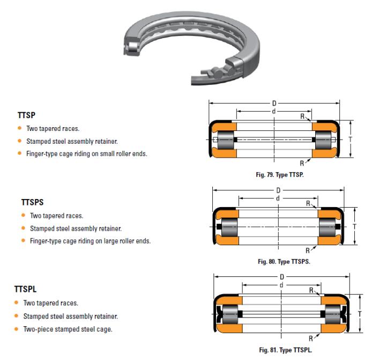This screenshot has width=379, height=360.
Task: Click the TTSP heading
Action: click(26, 115)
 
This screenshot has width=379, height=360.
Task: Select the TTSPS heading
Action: click(32, 203)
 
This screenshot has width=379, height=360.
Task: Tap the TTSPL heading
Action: click(29, 290)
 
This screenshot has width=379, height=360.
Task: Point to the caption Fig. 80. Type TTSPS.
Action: click(284, 262)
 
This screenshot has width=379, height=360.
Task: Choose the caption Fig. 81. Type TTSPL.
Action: click(285, 350)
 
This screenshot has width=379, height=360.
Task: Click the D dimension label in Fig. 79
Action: click(274, 103)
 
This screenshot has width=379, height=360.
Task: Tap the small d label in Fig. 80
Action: click(277, 199)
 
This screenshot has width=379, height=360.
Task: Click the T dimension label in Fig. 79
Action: click(351, 139)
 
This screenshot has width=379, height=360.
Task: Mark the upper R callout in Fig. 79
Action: click(303, 116)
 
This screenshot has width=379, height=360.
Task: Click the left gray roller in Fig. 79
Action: click(224, 140)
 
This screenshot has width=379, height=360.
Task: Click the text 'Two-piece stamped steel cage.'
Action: click(68, 329)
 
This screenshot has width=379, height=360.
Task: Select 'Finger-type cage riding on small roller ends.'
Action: click(86, 154)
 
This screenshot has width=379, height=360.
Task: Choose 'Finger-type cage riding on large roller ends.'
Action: click(90, 241)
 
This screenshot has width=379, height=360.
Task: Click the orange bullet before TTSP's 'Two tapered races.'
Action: click(20, 129)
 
